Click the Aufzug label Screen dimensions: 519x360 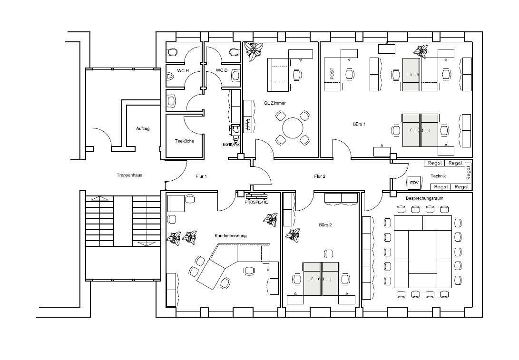[x=143, y=128]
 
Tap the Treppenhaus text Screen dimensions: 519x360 [x=129, y=175]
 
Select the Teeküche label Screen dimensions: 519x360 [x=185, y=141]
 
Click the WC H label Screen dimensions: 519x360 [x=183, y=70]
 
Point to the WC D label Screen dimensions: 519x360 [x=221, y=70]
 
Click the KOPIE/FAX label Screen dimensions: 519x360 [x=231, y=145]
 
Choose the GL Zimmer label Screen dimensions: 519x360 [x=274, y=103]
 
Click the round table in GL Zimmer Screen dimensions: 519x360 [x=293, y=128]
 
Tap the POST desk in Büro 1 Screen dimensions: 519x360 [x=333, y=74]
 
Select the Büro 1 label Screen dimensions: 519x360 [x=359, y=124]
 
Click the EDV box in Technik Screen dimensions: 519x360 [x=414, y=182]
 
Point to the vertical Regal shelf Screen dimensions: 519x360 [x=468, y=173]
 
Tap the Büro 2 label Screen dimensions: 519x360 [x=325, y=224]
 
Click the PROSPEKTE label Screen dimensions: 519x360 [x=256, y=202]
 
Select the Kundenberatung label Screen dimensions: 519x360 [x=231, y=236]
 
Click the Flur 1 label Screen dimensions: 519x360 [x=201, y=176]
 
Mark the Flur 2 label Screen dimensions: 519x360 [x=319, y=176]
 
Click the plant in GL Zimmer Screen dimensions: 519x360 [x=254, y=51]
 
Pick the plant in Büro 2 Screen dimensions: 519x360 [x=293, y=235]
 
